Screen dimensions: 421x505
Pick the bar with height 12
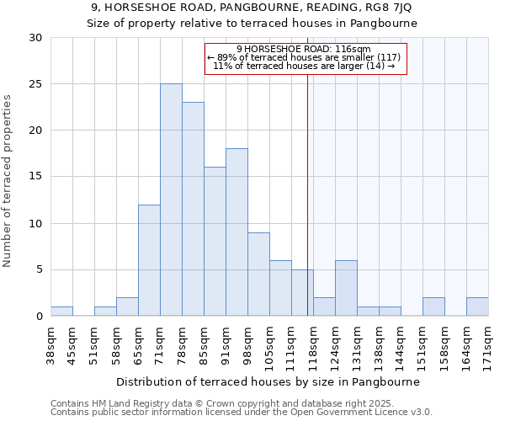click(149, 260)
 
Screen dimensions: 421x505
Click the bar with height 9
click(258, 274)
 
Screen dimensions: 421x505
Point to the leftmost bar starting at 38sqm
click(61, 312)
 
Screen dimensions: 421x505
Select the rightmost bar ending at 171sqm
click(477, 306)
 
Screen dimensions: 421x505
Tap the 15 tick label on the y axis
click(35, 177)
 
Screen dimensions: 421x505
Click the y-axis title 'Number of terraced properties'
click(8, 181)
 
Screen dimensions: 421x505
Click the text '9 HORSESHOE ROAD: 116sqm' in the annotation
click(304, 49)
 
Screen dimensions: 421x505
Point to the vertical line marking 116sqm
click(307, 194)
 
